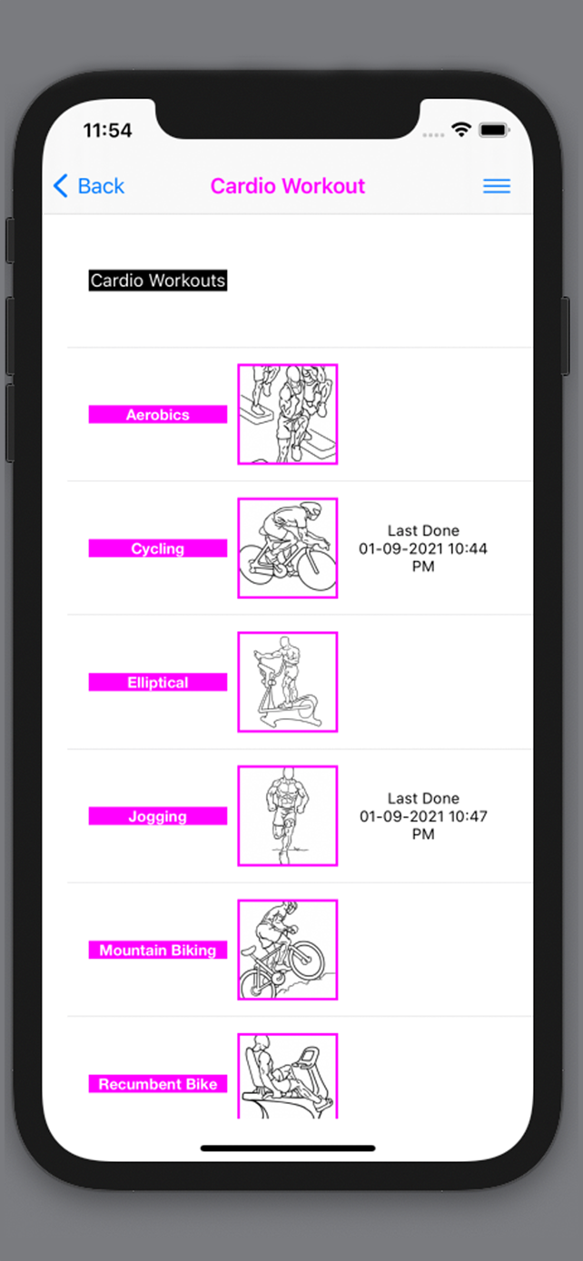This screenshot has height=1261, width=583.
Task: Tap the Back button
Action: (x=89, y=186)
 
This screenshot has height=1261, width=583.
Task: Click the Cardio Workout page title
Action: (x=288, y=186)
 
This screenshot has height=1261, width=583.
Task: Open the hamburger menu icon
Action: (x=497, y=186)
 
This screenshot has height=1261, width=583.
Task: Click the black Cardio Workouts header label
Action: (x=158, y=281)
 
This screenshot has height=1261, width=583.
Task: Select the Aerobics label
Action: (x=158, y=414)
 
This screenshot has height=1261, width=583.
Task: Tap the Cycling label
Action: (x=158, y=548)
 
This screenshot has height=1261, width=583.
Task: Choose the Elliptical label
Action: (x=158, y=683)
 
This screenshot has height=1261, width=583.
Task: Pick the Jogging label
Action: (x=158, y=816)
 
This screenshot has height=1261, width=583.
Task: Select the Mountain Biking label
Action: (x=158, y=951)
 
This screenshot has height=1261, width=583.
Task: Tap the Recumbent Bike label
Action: (x=158, y=1084)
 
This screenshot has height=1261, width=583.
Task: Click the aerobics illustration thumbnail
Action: (x=288, y=414)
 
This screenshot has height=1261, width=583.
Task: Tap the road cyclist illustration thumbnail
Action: (x=288, y=548)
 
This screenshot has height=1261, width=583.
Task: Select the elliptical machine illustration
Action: (x=288, y=683)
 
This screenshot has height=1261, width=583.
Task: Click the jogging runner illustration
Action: (x=288, y=816)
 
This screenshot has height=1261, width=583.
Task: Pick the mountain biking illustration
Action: (x=288, y=951)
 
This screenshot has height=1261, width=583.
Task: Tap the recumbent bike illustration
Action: (x=288, y=1077)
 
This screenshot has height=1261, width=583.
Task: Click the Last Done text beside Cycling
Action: (x=423, y=548)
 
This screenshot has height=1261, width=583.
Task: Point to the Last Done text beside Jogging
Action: (x=423, y=816)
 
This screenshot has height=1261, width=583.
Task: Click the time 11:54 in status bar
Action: (x=107, y=131)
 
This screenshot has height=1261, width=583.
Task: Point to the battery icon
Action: (x=494, y=130)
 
